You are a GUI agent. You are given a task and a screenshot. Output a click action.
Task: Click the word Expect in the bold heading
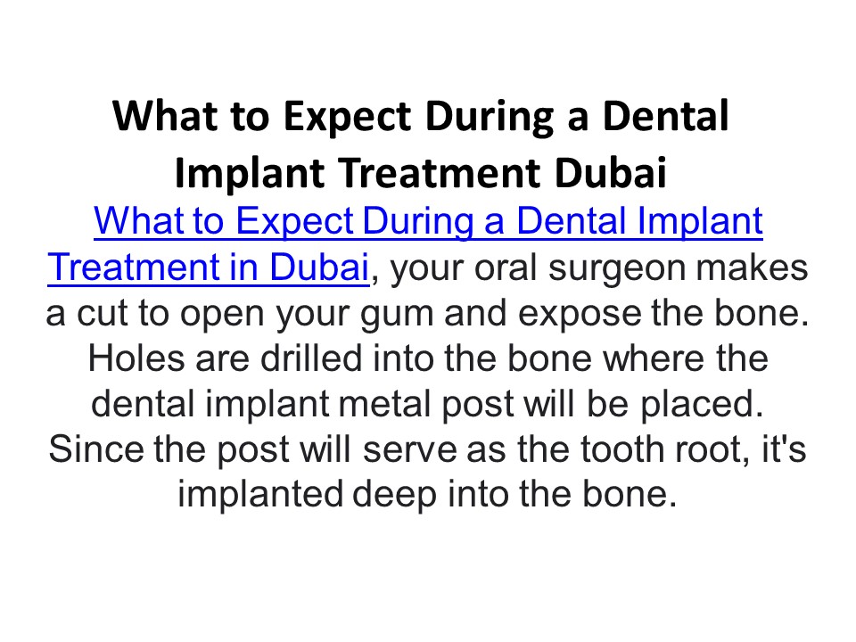click(293, 118)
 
